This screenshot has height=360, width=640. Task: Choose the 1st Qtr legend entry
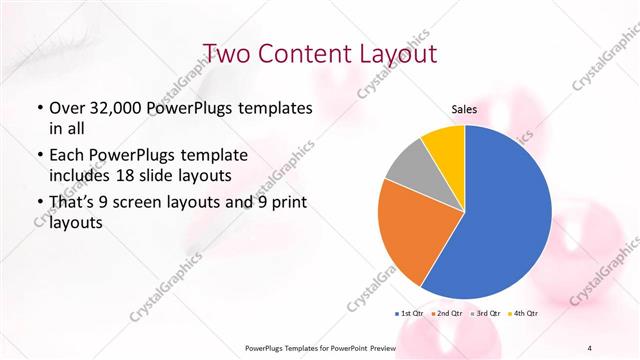coord(411,314)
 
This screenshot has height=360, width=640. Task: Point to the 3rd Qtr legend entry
coord(486,314)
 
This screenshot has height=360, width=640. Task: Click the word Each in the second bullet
coord(67,156)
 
